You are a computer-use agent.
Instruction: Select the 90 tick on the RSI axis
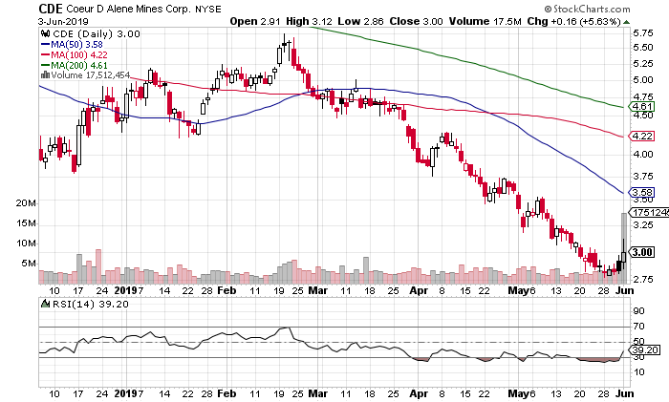pos(634,311)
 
